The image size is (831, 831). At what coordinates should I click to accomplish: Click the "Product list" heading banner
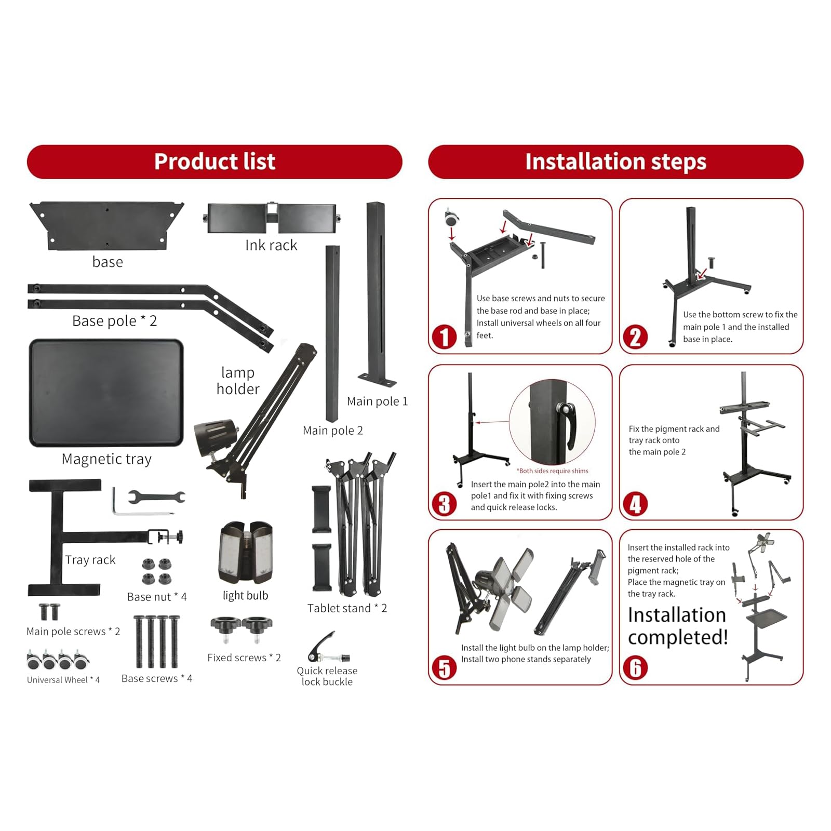click(x=215, y=162)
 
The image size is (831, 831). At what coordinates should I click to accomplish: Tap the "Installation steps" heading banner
click(x=615, y=162)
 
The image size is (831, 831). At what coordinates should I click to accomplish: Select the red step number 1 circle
click(x=444, y=337)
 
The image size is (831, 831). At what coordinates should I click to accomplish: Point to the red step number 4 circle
click(x=635, y=504)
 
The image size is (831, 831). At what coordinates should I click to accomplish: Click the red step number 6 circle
click(x=635, y=668)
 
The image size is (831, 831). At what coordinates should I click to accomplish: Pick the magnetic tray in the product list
click(x=106, y=393)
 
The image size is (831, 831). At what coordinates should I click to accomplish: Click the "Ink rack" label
click(x=271, y=245)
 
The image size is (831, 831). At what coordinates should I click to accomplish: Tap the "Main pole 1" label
click(x=377, y=401)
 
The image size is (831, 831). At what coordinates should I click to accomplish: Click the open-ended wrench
click(x=156, y=497)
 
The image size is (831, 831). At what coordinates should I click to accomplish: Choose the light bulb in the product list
click(x=246, y=553)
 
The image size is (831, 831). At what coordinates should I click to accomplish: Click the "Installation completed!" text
click(x=678, y=626)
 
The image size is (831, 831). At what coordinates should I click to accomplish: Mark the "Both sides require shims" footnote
click(x=552, y=471)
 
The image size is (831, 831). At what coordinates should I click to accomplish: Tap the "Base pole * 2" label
click(x=114, y=321)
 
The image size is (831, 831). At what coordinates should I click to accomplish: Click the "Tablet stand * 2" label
click(x=347, y=608)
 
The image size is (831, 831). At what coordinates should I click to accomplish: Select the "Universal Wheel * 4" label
click(x=63, y=680)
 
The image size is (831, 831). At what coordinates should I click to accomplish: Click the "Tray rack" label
click(x=90, y=560)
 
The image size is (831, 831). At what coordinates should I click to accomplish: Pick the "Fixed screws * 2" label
click(x=244, y=658)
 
